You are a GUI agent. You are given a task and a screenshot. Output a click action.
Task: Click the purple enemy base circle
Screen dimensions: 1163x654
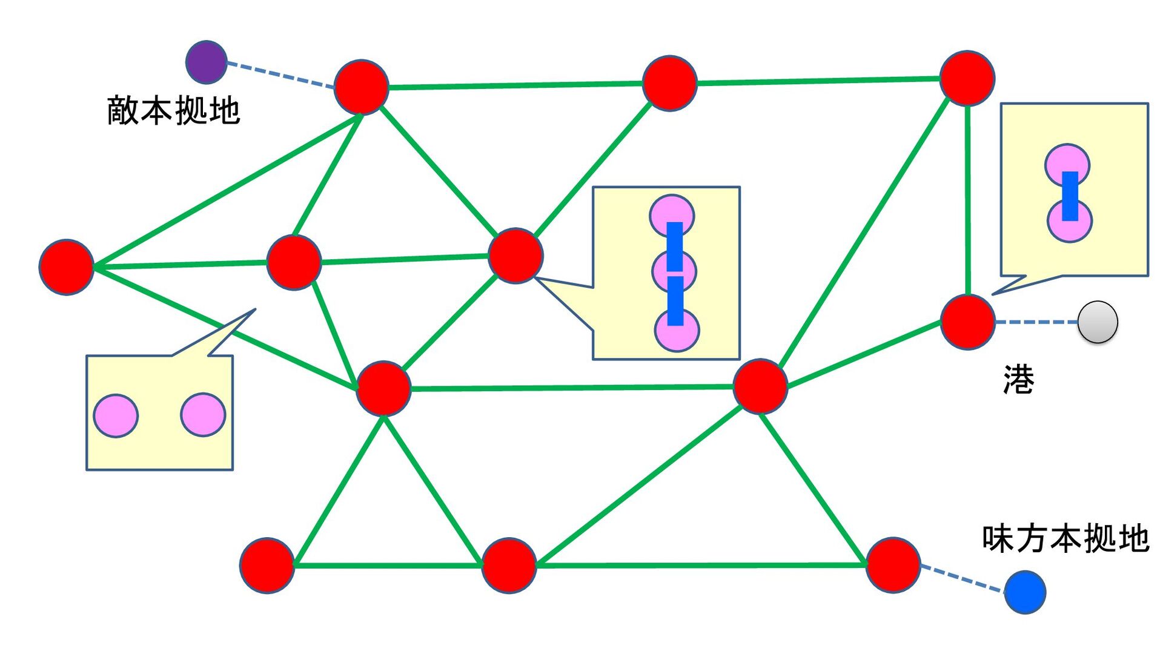(x=206, y=62)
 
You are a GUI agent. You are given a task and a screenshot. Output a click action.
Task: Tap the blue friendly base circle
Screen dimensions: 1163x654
(x=1025, y=592)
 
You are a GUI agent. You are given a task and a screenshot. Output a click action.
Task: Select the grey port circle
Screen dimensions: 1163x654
(x=1098, y=322)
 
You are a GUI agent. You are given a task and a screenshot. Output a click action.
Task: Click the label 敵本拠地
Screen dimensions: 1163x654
(x=174, y=111)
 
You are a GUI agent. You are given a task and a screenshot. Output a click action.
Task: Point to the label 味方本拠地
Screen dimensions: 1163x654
(x=1065, y=538)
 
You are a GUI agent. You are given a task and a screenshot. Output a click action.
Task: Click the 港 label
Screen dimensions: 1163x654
(x=1019, y=380)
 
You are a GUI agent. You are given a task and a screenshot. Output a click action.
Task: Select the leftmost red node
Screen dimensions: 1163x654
(x=66, y=267)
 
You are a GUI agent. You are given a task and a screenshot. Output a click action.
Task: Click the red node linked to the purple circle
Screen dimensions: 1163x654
(x=361, y=87)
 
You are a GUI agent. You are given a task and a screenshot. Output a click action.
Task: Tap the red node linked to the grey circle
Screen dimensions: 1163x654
(x=967, y=322)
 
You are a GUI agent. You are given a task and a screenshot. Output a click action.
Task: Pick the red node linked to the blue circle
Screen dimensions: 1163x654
(x=893, y=564)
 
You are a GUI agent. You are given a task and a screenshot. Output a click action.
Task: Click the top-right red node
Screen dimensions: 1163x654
(x=967, y=78)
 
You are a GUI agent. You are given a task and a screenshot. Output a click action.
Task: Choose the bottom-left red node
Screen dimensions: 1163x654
(x=267, y=565)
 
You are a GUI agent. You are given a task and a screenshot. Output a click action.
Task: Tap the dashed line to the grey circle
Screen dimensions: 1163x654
(x=1036, y=322)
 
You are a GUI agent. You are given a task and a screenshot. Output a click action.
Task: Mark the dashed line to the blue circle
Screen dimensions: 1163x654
(x=962, y=579)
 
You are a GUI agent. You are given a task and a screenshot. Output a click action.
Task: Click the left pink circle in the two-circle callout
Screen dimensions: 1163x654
(x=116, y=415)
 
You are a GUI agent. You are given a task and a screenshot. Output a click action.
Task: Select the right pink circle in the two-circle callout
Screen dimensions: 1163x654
(x=203, y=415)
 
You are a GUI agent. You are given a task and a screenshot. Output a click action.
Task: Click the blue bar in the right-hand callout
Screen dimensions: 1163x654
(x=1070, y=196)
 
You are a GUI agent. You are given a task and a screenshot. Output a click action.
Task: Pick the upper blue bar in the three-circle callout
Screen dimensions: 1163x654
(x=675, y=246)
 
